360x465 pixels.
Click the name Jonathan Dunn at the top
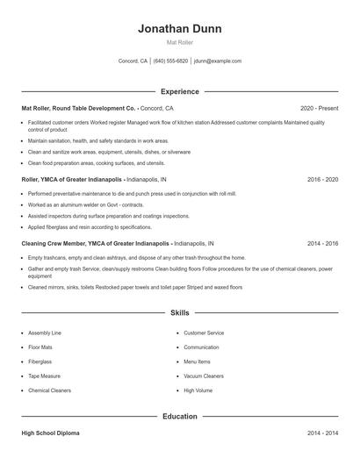click(179, 29)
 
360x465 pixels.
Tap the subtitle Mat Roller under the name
click(179, 42)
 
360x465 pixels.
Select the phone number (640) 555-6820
click(170, 61)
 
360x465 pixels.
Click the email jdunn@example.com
click(218, 61)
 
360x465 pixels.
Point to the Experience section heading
click(179, 91)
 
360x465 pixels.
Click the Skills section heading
click(179, 312)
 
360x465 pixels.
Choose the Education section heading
click(179, 416)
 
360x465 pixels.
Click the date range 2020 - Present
click(319, 108)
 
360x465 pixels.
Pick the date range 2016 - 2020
click(322, 179)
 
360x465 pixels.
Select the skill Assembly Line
click(45, 333)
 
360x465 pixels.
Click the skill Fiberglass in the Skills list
click(40, 361)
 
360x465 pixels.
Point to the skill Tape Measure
click(44, 376)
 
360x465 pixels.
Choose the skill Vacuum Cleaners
click(203, 376)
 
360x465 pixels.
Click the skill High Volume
click(198, 390)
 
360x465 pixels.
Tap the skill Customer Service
click(204, 333)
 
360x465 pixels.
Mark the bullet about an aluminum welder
click(85, 204)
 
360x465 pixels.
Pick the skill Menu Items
click(197, 361)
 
